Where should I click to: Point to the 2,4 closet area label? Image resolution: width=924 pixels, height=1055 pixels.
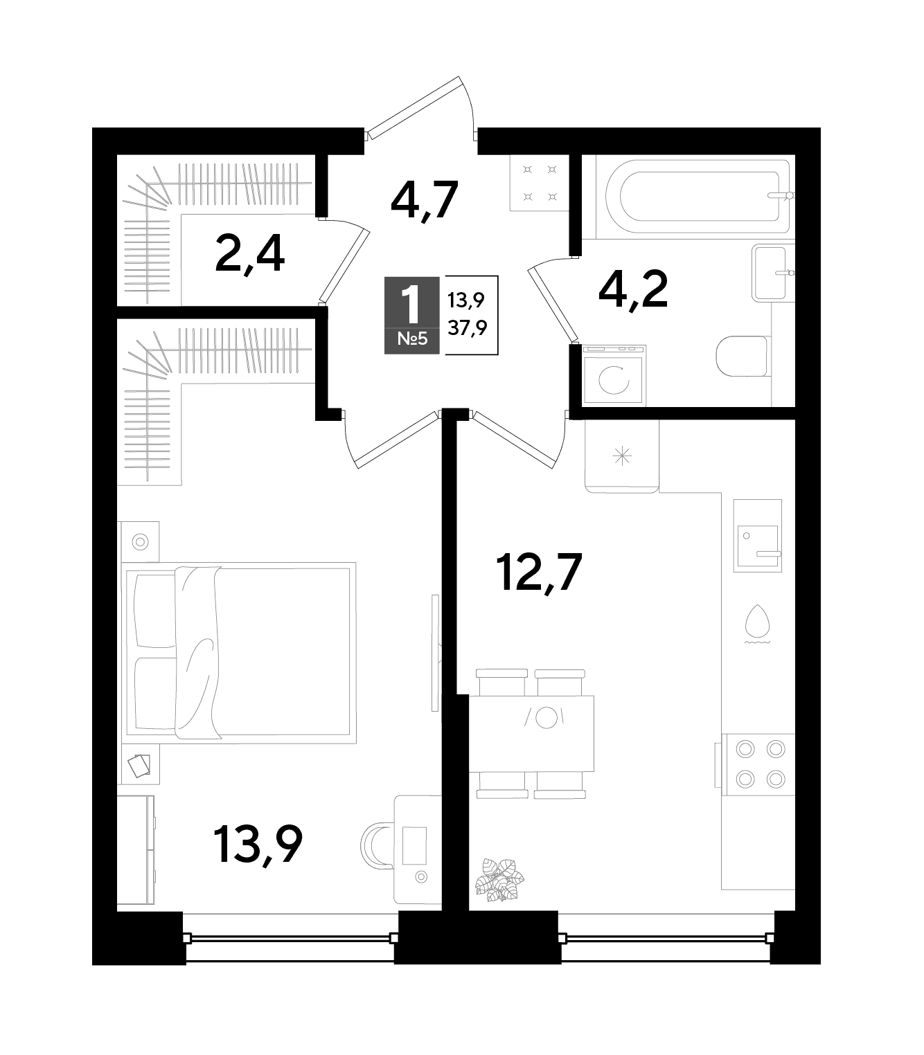pyautogui.click(x=250, y=253)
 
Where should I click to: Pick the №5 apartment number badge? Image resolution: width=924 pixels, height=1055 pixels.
pyautogui.click(x=412, y=339)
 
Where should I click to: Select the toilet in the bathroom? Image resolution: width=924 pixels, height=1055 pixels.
pyautogui.click(x=744, y=357)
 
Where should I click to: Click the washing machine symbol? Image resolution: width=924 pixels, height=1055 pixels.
pyautogui.click(x=614, y=375)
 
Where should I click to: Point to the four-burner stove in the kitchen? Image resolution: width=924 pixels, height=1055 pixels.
pyautogui.click(x=760, y=764)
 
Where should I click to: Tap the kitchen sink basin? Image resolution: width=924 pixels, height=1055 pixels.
pyautogui.click(x=757, y=546)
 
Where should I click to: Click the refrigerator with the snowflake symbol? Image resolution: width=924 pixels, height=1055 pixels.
pyautogui.click(x=622, y=456)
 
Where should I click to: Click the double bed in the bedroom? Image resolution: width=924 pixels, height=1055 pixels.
pyautogui.click(x=240, y=653)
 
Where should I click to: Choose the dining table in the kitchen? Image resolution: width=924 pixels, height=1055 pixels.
pyautogui.click(x=531, y=734)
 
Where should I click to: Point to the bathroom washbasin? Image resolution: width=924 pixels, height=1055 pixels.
pyautogui.click(x=772, y=273)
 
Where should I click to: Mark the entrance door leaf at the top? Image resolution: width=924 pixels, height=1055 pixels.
pyautogui.click(x=416, y=108)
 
